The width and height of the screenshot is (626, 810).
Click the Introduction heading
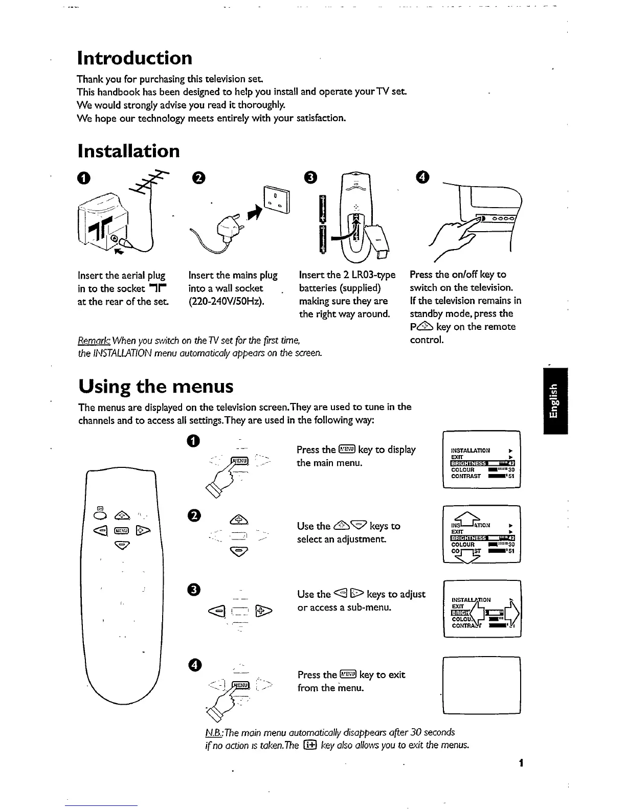point(134,58)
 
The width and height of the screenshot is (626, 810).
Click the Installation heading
point(128,151)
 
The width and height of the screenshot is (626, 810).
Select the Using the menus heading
point(155,386)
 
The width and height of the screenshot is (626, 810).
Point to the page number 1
point(520,763)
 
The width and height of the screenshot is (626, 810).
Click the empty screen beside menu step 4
point(482,685)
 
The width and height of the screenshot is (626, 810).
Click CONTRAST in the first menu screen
point(466,476)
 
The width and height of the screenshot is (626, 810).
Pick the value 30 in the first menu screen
point(510,469)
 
